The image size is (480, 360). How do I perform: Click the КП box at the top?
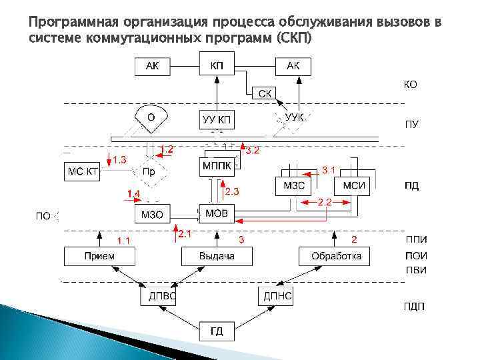point(217,65)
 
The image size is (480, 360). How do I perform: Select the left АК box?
point(153,65)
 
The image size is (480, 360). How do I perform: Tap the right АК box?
point(293,65)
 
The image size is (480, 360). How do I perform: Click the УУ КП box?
point(217,120)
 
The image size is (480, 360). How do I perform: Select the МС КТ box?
point(82,172)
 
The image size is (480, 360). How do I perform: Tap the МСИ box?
point(353,185)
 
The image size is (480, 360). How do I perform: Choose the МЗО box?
point(152,214)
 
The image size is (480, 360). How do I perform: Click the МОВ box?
point(217,213)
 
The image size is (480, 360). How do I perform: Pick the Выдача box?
point(217,256)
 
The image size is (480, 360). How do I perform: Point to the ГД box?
point(217,330)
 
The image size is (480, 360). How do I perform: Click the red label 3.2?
point(253,151)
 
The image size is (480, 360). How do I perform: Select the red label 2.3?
point(231,191)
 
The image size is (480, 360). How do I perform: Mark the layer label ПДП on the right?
point(414,307)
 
